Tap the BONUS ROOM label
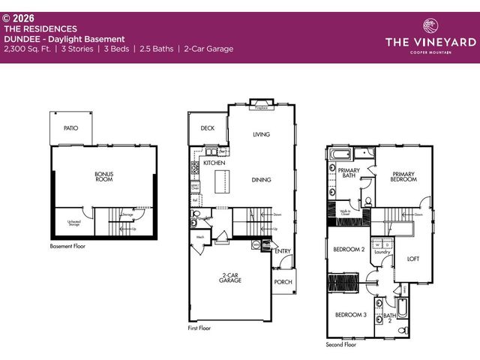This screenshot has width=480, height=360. pos(103,177)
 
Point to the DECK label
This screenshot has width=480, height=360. pos(208,128)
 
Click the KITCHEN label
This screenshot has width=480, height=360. pos(214,163)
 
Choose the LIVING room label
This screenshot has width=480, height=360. pos(261,134)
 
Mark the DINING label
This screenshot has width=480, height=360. pos(261,180)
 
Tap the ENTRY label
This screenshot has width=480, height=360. pos(283,251)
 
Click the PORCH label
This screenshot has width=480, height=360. pos(283,282)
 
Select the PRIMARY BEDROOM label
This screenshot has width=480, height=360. pos(403,177)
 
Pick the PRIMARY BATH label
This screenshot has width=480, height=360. pos(348,173)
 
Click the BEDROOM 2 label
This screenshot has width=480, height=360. pos(349,250)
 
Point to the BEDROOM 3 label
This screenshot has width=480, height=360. pos(349,315)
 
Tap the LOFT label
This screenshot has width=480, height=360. pos(413,259)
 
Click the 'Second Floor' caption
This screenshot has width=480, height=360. pos(342,345)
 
